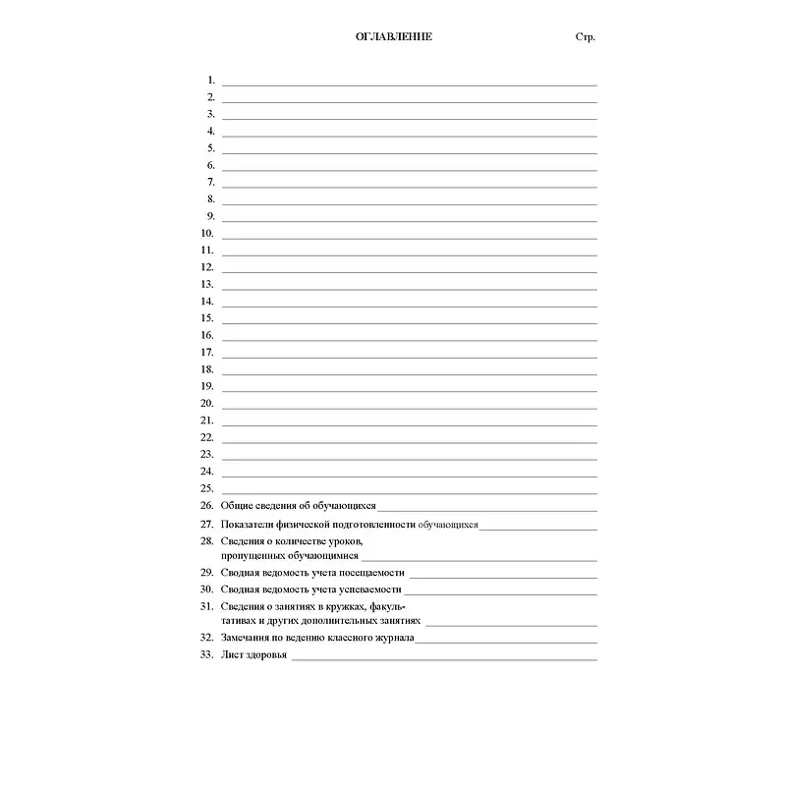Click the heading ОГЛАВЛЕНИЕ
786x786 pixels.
(x=393, y=37)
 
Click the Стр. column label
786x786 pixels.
(x=586, y=37)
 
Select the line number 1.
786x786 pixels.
(x=211, y=80)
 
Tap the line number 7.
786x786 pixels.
(x=211, y=182)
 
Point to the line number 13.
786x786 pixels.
(x=207, y=284)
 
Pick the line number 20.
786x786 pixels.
(x=207, y=403)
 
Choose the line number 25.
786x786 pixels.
(x=207, y=487)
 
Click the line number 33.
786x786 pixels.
(x=206, y=654)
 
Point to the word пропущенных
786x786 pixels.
(x=252, y=556)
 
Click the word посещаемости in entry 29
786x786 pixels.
(x=372, y=573)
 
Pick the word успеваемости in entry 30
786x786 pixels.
(x=370, y=589)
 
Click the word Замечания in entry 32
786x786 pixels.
(x=245, y=638)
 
